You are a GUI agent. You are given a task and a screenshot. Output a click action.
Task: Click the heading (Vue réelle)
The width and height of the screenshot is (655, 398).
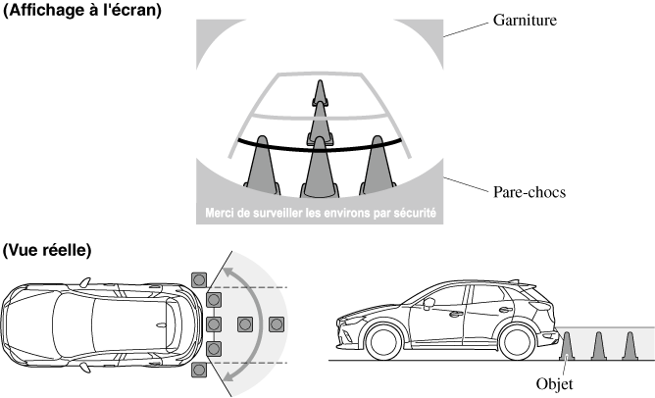coord(48,250)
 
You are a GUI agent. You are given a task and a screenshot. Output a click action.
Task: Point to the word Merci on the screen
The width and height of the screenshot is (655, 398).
coord(224,212)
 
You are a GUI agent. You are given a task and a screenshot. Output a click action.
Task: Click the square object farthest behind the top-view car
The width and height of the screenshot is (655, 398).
coord(277,323)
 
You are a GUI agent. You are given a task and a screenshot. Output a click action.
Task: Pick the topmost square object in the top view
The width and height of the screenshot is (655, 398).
coord(200,279)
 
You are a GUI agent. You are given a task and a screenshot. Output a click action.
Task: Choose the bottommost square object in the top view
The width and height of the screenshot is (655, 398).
coord(200,370)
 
